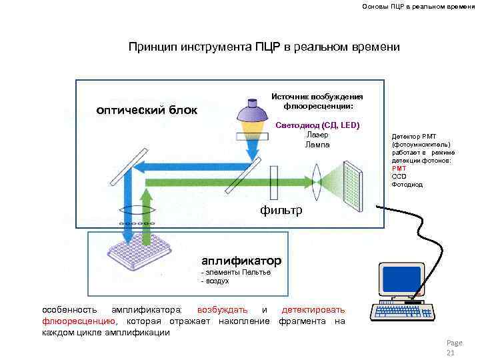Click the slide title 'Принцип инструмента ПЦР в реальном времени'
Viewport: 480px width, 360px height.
click(x=264, y=47)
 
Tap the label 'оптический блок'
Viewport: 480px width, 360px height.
click(x=147, y=110)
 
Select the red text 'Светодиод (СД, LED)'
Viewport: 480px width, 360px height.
click(x=317, y=125)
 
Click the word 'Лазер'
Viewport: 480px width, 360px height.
click(x=317, y=135)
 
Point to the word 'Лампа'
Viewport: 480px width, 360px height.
click(x=317, y=145)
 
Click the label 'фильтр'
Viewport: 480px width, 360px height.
click(x=281, y=211)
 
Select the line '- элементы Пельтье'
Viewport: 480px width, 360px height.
click(x=235, y=273)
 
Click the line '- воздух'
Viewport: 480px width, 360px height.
click(x=215, y=281)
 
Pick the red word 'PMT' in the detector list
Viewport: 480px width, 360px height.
click(x=399, y=169)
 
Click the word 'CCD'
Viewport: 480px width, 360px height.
click(x=399, y=177)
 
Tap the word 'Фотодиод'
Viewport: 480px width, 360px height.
click(x=407, y=185)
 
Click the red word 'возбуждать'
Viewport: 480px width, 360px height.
click(x=223, y=310)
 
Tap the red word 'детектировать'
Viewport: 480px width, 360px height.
click(x=313, y=310)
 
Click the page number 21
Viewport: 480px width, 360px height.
click(x=449, y=352)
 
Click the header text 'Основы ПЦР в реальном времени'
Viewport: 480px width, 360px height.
click(x=413, y=7)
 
